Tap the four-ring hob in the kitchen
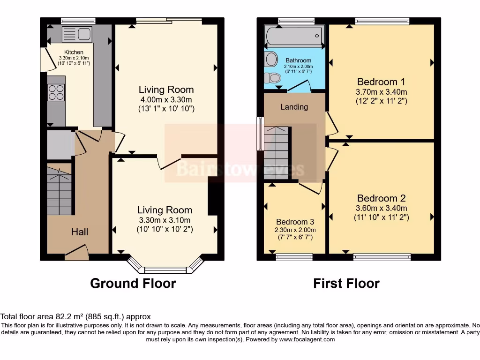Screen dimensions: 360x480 (x=56, y=92)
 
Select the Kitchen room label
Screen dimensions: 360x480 (x=74, y=52)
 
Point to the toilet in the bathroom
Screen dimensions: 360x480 (x=271, y=78)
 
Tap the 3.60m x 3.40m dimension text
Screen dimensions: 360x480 (x=382, y=208)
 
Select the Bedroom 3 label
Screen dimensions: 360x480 (x=295, y=222)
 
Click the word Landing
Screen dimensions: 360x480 (x=294, y=107)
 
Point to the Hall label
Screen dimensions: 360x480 (x=80, y=232)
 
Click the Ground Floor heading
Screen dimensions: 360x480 (x=133, y=283)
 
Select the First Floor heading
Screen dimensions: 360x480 (x=346, y=283)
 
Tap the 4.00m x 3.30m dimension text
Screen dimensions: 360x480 (x=166, y=99)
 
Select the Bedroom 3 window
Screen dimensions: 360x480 (x=294, y=256)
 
